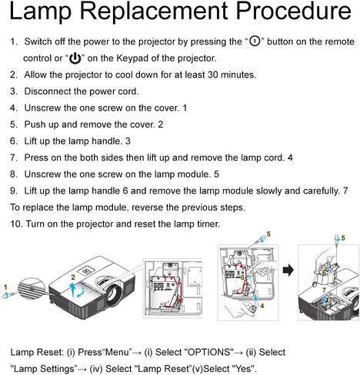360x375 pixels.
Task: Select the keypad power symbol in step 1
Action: [75, 58]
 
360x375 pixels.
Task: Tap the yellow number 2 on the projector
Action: [72, 275]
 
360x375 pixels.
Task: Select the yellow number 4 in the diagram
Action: [262, 305]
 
